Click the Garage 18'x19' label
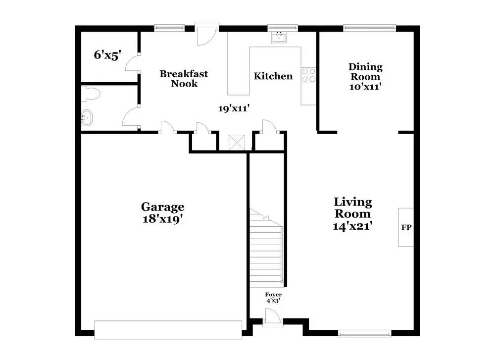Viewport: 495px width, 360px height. pyautogui.click(x=162, y=212)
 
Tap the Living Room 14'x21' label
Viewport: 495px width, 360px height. pyautogui.click(x=352, y=213)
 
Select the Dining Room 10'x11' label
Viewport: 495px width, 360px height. pyautogui.click(x=365, y=76)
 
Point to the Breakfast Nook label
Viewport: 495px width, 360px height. pyautogui.click(x=184, y=78)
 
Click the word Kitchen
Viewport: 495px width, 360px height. pyautogui.click(x=273, y=76)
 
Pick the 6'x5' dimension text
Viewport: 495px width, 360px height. pyautogui.click(x=107, y=55)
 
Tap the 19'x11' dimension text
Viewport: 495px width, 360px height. pyautogui.click(x=234, y=108)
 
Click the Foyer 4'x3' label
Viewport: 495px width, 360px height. pyautogui.click(x=273, y=298)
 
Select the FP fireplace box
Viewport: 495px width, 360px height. pyautogui.click(x=406, y=227)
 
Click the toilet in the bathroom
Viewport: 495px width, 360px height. pyautogui.click(x=91, y=94)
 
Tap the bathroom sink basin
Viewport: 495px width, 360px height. pyautogui.click(x=87, y=118)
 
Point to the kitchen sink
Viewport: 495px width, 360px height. pyautogui.click(x=279, y=37)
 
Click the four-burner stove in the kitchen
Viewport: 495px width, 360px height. pyautogui.click(x=308, y=75)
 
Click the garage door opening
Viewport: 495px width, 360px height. pyautogui.click(x=168, y=330)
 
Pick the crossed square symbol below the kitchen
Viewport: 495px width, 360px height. pyautogui.click(x=237, y=143)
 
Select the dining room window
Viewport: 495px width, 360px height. pyautogui.click(x=369, y=28)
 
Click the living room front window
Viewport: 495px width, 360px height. pyautogui.click(x=365, y=333)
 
